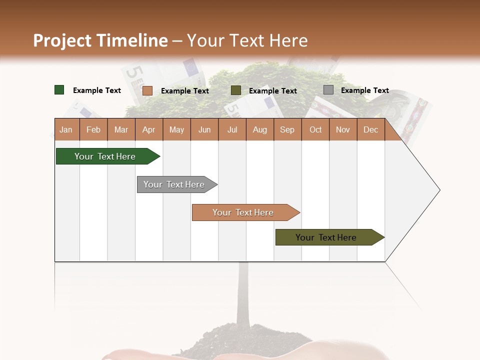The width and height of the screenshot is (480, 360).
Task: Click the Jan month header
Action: coord(66,129)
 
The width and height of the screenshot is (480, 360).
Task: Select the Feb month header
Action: coord(93,129)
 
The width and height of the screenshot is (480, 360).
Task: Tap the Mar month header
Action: coord(121,129)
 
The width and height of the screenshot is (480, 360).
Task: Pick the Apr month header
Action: coord(149,129)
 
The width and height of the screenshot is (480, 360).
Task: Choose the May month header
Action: coord(176,129)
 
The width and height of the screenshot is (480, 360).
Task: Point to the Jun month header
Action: coord(204,129)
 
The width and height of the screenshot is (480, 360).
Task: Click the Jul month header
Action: coord(232,129)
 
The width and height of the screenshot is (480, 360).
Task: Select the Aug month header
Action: coord(260,129)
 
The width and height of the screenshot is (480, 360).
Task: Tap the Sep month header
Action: coord(287,129)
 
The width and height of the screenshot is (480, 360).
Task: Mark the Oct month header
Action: coord(315,129)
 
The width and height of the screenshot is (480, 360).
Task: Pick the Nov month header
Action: coord(343,129)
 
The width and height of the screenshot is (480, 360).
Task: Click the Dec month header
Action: coord(371,129)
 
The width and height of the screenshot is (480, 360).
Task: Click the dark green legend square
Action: coord(59,90)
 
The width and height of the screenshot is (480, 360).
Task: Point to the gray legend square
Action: coord(328,90)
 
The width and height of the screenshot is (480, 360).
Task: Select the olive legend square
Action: coord(236,90)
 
